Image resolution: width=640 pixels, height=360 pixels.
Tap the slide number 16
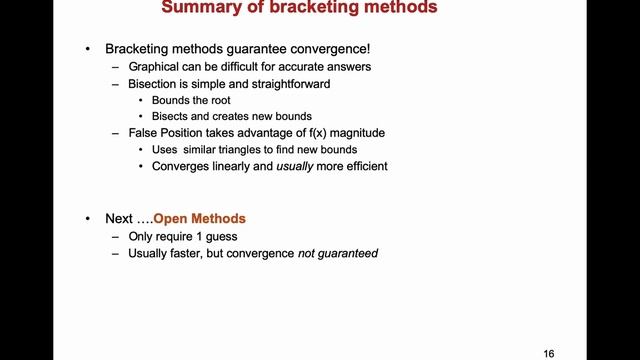click(549, 353)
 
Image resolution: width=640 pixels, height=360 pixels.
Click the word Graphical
click(159, 67)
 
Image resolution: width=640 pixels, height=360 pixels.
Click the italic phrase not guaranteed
click(338, 253)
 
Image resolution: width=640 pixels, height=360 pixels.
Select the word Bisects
click(173, 116)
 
